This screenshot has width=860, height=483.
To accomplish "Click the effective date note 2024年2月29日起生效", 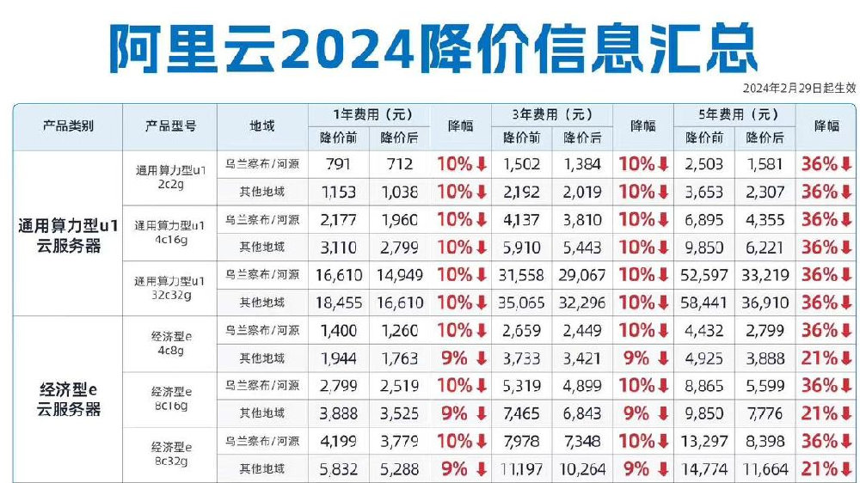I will (x=799, y=88).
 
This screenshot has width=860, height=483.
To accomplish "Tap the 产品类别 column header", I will (x=68, y=125).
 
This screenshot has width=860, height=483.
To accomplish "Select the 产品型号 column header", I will (x=170, y=125).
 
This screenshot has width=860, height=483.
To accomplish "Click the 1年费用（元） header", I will (x=370, y=113).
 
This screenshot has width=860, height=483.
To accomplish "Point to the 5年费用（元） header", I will (x=736, y=113).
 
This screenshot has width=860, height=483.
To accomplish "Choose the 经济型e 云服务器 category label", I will (x=68, y=400).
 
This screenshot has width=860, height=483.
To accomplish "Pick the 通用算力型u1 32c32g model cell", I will (x=170, y=288).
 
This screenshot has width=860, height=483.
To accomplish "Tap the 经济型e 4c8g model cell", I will (x=170, y=344).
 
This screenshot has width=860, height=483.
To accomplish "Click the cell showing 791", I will (x=338, y=163).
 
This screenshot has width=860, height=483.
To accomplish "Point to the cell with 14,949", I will (x=399, y=275).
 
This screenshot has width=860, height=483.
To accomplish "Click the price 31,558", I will (x=521, y=275).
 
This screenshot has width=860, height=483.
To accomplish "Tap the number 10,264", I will (x=582, y=469).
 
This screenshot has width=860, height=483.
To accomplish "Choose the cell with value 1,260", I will (x=399, y=330).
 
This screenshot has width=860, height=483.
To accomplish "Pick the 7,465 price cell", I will (x=521, y=413).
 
